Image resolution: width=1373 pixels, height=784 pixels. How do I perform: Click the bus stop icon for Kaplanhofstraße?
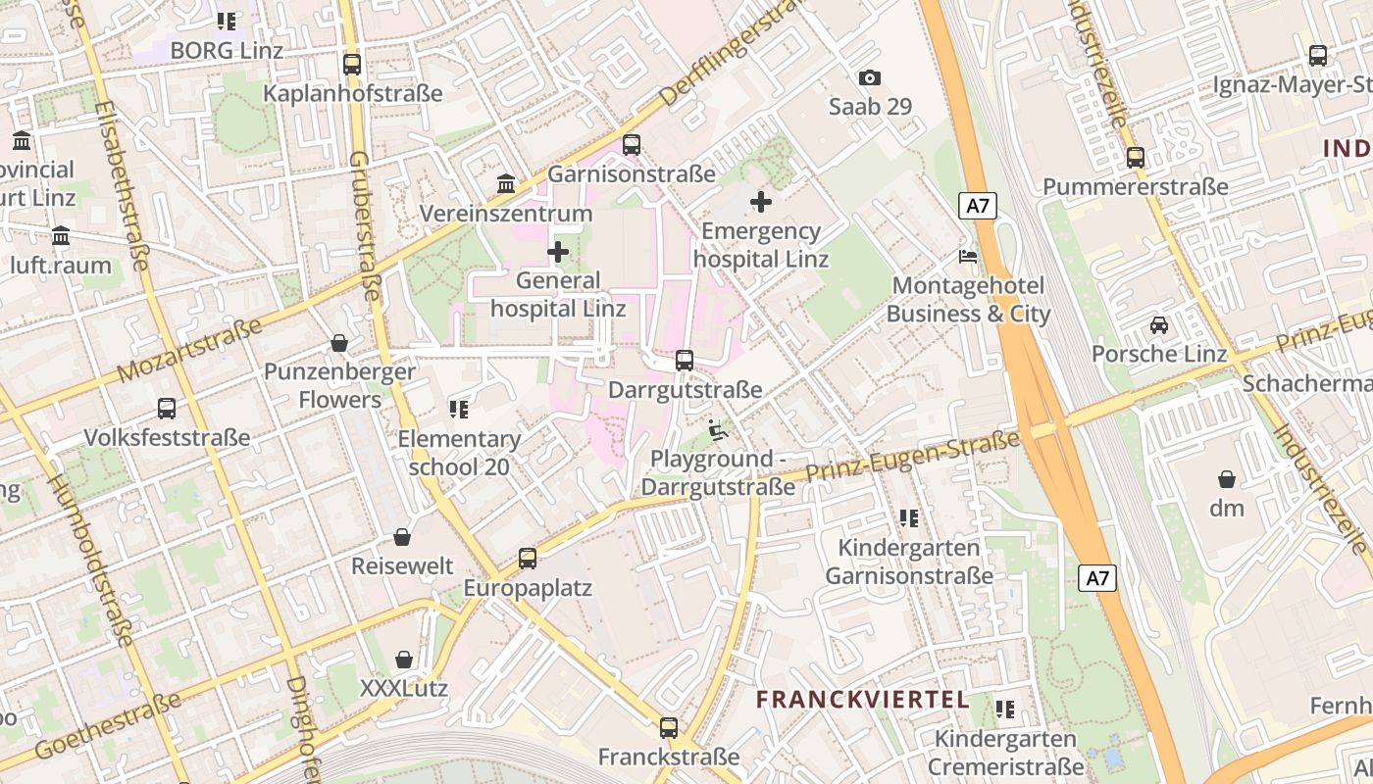pos(352,65)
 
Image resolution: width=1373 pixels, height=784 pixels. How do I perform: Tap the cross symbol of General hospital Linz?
pos(558,252)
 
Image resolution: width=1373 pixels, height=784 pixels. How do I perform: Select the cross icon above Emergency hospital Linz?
pos(760,203)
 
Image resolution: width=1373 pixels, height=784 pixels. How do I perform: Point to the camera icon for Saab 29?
pos(869,78)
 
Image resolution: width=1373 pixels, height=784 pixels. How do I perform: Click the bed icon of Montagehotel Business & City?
pos(968,258)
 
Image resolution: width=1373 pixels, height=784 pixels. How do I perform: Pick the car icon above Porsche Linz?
pos(1158,324)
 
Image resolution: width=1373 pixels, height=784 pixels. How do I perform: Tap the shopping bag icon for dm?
pos(1226,479)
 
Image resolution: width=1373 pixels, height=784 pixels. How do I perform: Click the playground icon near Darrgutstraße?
pos(718,430)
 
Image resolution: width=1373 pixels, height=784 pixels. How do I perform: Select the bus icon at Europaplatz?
pos(528,559)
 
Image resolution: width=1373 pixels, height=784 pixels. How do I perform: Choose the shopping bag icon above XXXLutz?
pos(403,660)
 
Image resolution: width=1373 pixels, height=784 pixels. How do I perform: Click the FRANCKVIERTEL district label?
pos(863,700)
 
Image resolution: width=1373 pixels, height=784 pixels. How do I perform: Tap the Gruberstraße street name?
pos(364,225)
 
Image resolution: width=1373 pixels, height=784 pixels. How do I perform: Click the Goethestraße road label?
pos(108,726)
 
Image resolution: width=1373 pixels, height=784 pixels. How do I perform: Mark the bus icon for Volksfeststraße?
pos(167,409)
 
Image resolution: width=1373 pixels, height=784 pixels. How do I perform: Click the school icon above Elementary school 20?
pos(458,410)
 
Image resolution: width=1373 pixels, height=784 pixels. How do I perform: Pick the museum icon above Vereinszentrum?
pos(506,184)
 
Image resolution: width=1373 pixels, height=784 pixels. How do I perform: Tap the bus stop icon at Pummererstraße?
pos(1135,157)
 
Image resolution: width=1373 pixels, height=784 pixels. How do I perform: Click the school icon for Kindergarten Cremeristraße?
pos(1004,709)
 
